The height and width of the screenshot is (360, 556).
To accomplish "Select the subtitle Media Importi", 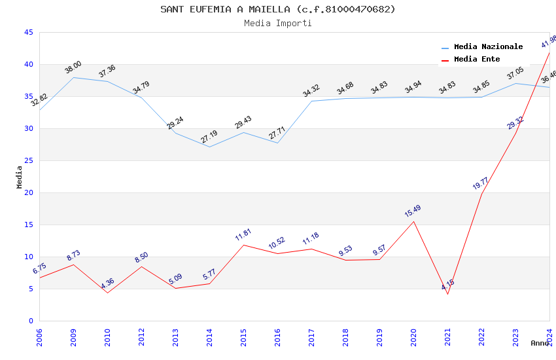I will (277, 23).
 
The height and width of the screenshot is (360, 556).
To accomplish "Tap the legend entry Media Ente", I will (476, 60).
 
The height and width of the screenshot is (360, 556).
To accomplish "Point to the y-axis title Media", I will (20, 177).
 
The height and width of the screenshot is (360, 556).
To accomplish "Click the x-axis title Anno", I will (540, 343).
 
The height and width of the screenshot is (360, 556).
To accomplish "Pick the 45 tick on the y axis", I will (28, 32).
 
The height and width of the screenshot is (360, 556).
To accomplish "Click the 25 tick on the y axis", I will (28, 160).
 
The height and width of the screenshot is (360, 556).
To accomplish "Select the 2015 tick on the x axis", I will (243, 338).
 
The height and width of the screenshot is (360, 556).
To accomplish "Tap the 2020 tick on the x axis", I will (413, 338).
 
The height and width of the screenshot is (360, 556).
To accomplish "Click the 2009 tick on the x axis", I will (73, 338).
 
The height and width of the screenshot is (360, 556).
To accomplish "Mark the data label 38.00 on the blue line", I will (73, 67).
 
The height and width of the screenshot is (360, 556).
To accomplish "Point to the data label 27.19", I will (209, 137).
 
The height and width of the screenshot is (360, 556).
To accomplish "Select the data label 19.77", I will (481, 183).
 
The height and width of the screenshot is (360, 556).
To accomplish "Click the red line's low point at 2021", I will (447, 294).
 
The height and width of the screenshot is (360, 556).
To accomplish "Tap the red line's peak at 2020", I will (413, 221).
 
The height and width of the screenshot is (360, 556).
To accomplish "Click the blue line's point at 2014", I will (209, 147).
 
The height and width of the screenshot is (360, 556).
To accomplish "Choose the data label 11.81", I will (243, 235).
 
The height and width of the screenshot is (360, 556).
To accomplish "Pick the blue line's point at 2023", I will (515, 83).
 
